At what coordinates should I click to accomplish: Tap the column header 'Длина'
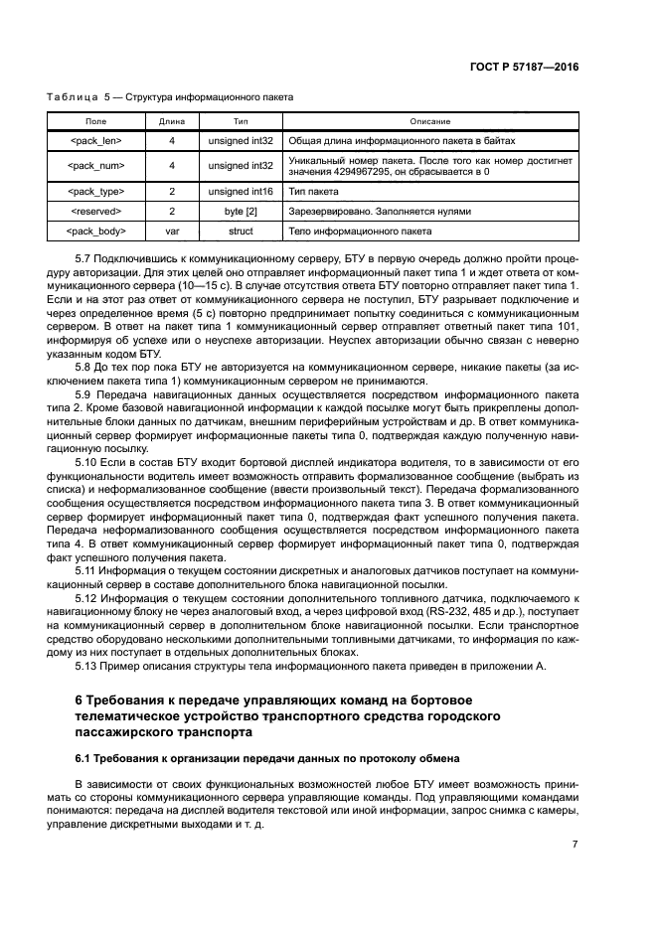172,121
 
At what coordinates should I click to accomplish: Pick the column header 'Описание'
429,121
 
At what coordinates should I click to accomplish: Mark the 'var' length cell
172,231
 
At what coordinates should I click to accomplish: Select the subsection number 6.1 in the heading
83,759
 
